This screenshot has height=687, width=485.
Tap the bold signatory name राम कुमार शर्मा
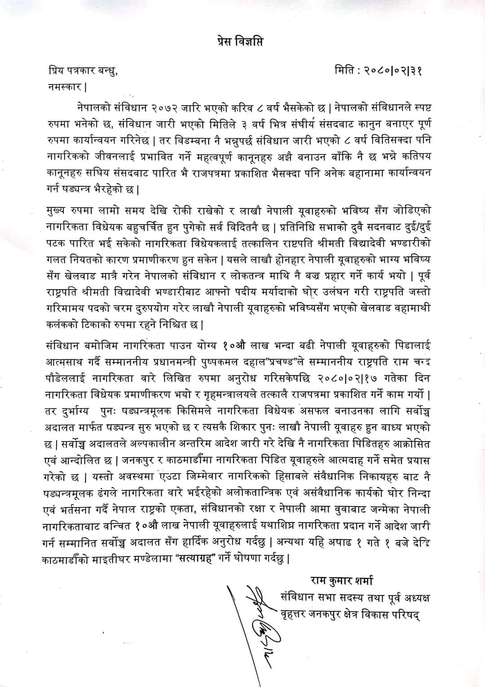tap(342, 581)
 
